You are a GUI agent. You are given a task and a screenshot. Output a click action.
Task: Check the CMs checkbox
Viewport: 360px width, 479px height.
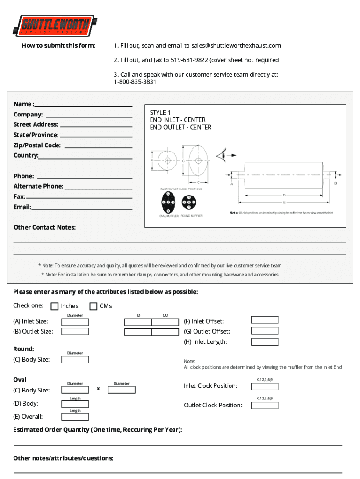click(x=93, y=306)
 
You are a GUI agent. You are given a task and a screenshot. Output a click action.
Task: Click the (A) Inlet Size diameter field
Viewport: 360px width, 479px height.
click(x=75, y=322)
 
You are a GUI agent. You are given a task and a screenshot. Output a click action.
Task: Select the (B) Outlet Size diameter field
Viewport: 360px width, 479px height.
click(x=75, y=332)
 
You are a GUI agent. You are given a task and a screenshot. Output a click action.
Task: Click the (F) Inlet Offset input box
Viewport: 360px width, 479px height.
click(x=265, y=320)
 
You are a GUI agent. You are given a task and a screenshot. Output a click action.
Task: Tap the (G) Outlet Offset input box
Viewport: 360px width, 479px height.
click(x=265, y=331)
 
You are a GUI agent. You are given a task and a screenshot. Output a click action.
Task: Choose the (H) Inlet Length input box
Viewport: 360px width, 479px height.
click(x=265, y=341)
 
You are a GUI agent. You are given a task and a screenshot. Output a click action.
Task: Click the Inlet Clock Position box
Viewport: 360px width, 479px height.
click(x=265, y=386)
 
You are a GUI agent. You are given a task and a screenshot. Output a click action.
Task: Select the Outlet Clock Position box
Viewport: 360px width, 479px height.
click(x=265, y=405)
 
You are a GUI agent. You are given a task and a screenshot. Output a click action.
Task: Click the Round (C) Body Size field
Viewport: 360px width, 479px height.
click(x=75, y=360)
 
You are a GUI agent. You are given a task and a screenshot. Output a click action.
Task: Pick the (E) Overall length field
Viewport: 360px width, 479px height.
click(x=75, y=416)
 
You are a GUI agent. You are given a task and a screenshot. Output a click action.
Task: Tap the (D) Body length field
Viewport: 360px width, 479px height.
click(x=75, y=404)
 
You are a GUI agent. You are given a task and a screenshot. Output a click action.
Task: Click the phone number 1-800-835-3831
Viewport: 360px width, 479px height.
click(x=135, y=82)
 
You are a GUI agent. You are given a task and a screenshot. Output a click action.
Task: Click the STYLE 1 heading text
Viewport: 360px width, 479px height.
click(x=160, y=113)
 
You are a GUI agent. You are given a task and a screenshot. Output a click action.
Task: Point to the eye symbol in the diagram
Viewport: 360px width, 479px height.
click(x=222, y=154)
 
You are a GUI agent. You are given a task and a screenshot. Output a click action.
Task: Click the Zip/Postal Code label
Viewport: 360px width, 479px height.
click(x=37, y=145)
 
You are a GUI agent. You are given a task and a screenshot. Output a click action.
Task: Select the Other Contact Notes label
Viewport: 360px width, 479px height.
click(x=44, y=227)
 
